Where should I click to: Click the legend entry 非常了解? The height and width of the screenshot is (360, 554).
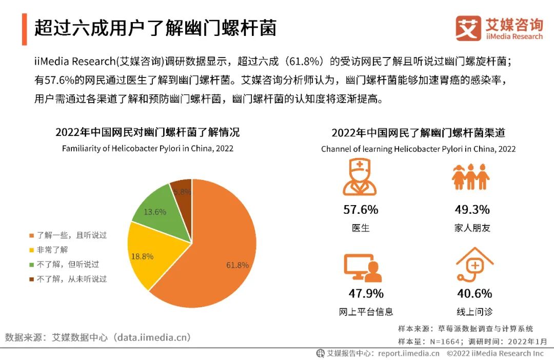[x=49, y=250]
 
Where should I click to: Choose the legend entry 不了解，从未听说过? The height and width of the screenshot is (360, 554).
[x=67, y=279]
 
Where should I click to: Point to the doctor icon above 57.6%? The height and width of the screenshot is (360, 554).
[x=360, y=177]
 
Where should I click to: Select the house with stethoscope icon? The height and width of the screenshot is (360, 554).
[x=474, y=267]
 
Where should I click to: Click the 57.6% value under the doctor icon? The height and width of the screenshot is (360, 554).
[x=361, y=210]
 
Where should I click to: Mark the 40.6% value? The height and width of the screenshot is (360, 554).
[x=474, y=293]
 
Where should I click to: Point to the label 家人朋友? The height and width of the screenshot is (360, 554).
[x=472, y=228]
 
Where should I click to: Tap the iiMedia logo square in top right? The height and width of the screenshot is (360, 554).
[x=468, y=28]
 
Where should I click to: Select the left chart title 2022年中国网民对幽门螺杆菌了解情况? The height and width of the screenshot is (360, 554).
[x=147, y=132]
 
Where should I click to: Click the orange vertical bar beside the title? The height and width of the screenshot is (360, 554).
[x=24, y=29]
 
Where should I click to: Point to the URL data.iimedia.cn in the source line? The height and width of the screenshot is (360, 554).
[x=153, y=337]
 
